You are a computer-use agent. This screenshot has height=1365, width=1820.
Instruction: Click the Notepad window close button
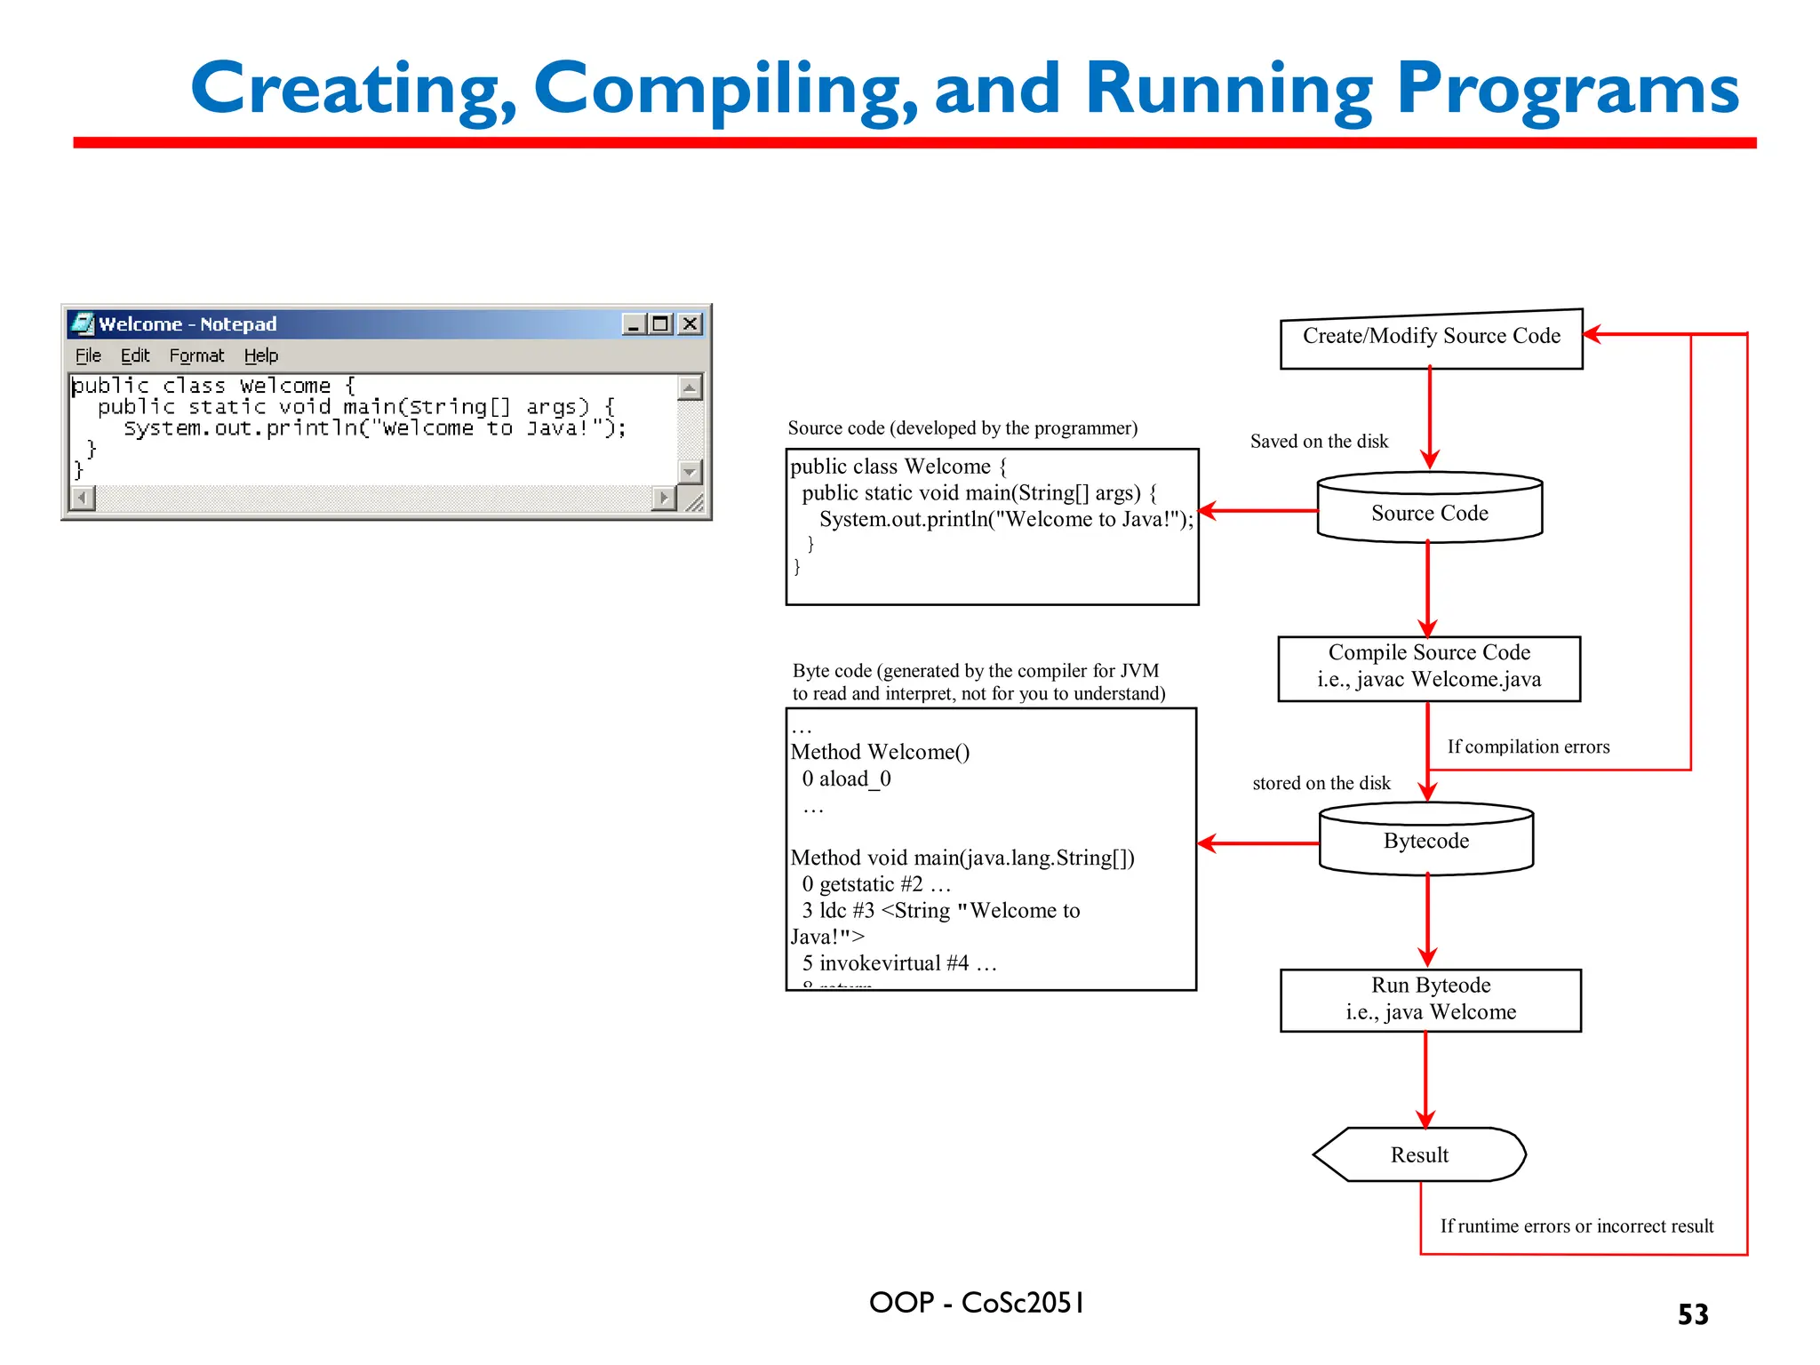coord(690,324)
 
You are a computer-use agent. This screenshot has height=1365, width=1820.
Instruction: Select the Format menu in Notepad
coord(196,356)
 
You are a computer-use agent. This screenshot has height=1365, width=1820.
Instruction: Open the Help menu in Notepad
coord(260,356)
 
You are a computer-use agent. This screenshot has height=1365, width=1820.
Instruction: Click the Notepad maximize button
coord(660,324)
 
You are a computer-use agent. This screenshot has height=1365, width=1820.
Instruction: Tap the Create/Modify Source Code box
coord(1431,338)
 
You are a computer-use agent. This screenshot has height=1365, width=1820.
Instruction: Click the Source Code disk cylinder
coord(1429,509)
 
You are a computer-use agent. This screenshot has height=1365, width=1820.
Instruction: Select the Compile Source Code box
coord(1429,667)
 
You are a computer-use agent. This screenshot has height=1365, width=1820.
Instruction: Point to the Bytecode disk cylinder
coord(1426,840)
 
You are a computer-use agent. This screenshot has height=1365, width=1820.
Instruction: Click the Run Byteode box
coord(1431,999)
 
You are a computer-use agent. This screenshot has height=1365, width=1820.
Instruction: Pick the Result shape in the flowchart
coord(1419,1154)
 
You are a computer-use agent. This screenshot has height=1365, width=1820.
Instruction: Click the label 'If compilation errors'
coord(1528,747)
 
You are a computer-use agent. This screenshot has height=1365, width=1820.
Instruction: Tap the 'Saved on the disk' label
coord(1319,442)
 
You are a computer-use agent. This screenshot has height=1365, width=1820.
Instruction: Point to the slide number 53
coord(1692,1314)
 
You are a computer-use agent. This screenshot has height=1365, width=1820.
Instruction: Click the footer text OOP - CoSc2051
coord(976,1303)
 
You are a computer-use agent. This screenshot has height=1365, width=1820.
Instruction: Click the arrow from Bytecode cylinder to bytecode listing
coord(1257,843)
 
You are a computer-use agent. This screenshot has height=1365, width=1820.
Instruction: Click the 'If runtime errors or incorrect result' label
coord(1577,1226)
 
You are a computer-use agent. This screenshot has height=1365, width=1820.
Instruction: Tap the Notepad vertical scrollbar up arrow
coord(690,387)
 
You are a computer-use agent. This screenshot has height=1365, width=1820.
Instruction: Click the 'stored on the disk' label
coord(1321,784)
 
